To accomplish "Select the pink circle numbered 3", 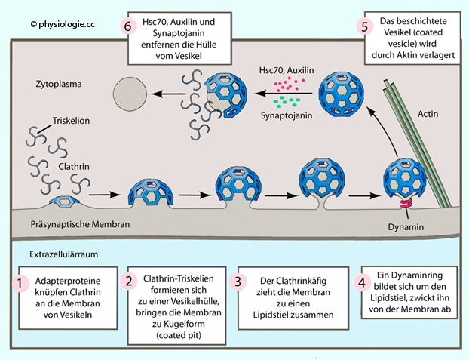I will click(x=238, y=283).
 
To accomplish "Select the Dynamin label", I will click(x=406, y=224).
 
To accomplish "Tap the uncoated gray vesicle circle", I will click(x=130, y=95).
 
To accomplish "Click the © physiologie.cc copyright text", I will click(x=65, y=25).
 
